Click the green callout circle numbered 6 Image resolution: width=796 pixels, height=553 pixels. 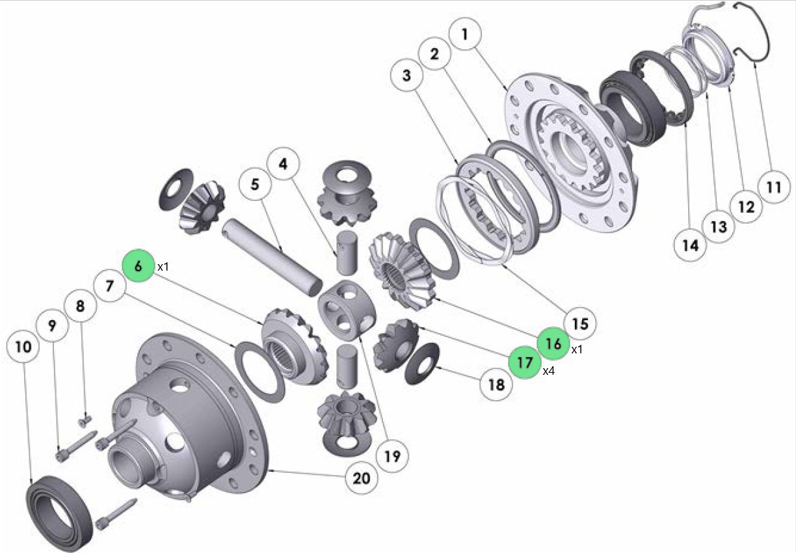139,265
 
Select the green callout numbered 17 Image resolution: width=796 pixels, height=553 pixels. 525,362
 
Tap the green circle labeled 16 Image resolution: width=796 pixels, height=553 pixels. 553,344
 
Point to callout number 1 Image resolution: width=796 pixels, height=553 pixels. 465,34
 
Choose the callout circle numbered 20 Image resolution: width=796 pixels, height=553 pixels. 362,478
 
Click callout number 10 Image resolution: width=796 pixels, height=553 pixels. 23,347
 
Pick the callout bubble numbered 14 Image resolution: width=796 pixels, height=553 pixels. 690,245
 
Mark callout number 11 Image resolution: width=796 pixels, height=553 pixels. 774,187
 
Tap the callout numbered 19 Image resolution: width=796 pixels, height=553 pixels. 392,456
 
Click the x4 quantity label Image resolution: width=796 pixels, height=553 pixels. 549,371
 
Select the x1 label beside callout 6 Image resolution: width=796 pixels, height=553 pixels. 163,267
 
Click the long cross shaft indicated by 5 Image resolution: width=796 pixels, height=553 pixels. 272,258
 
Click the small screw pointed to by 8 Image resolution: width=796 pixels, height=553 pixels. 85,421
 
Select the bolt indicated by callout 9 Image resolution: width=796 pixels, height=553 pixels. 76,446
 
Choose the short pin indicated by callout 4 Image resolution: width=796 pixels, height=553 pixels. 347,252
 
